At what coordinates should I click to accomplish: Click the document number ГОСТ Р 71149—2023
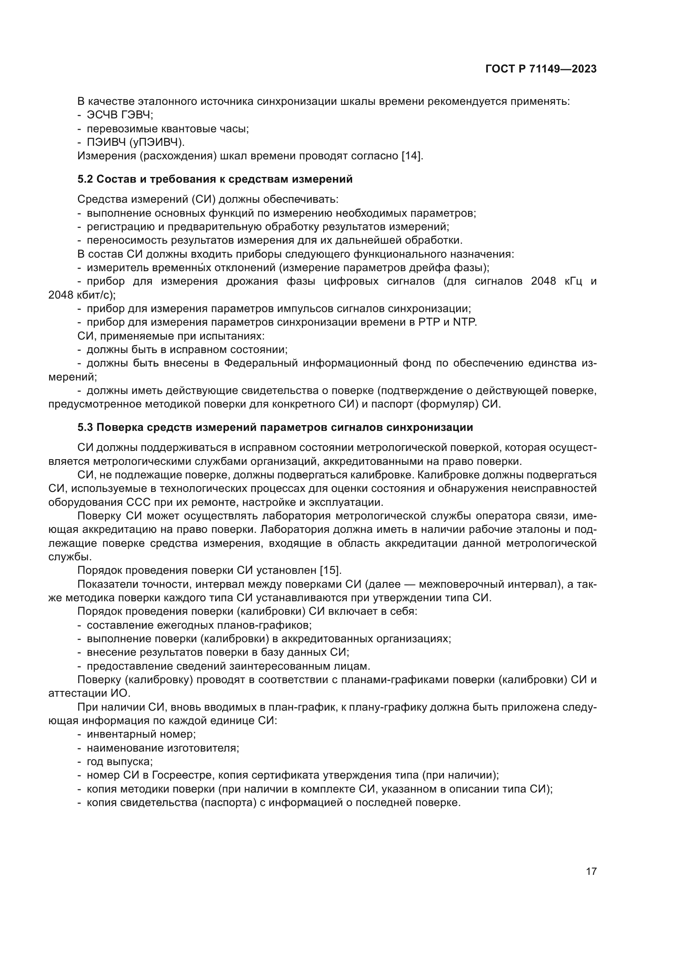pos(541,69)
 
